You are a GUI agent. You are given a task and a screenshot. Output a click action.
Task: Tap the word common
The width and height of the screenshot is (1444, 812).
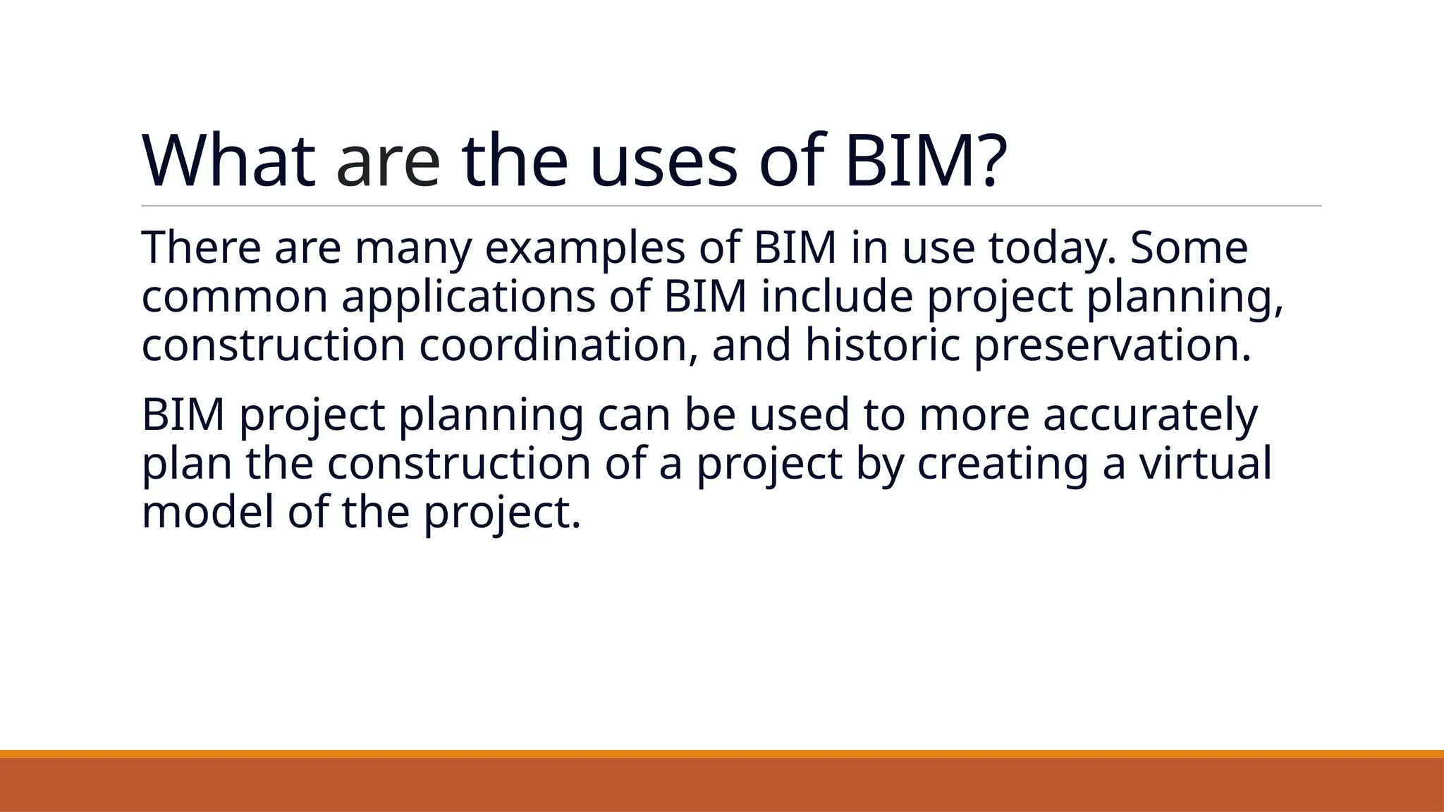235,297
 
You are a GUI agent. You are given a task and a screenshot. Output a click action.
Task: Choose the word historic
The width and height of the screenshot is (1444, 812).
883,345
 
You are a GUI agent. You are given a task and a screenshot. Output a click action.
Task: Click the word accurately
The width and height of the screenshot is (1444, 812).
1150,416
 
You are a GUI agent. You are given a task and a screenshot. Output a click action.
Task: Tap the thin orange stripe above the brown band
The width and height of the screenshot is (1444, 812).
722,753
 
